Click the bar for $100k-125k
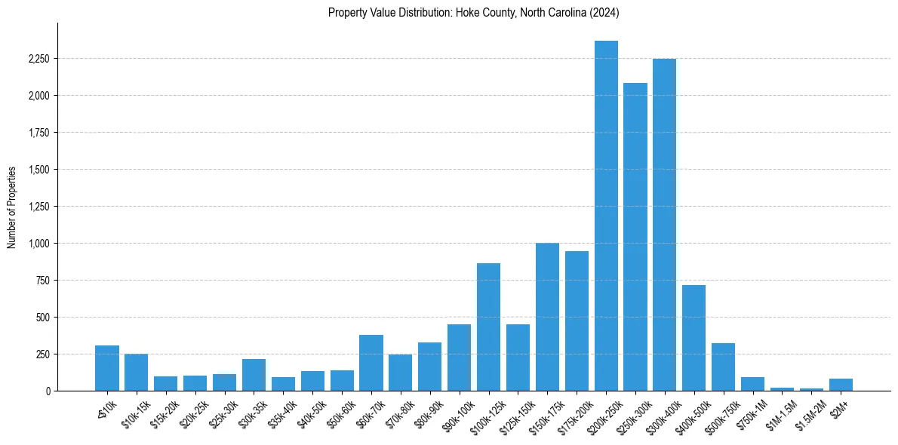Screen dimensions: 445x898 488,327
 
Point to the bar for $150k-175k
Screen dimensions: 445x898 547,317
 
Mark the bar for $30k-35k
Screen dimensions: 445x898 254,375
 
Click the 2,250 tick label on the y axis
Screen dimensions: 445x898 38,59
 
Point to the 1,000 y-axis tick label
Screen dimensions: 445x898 38,244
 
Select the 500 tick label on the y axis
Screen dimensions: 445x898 43,318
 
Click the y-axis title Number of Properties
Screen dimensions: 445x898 12,207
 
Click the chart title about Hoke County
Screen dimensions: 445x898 474,12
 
